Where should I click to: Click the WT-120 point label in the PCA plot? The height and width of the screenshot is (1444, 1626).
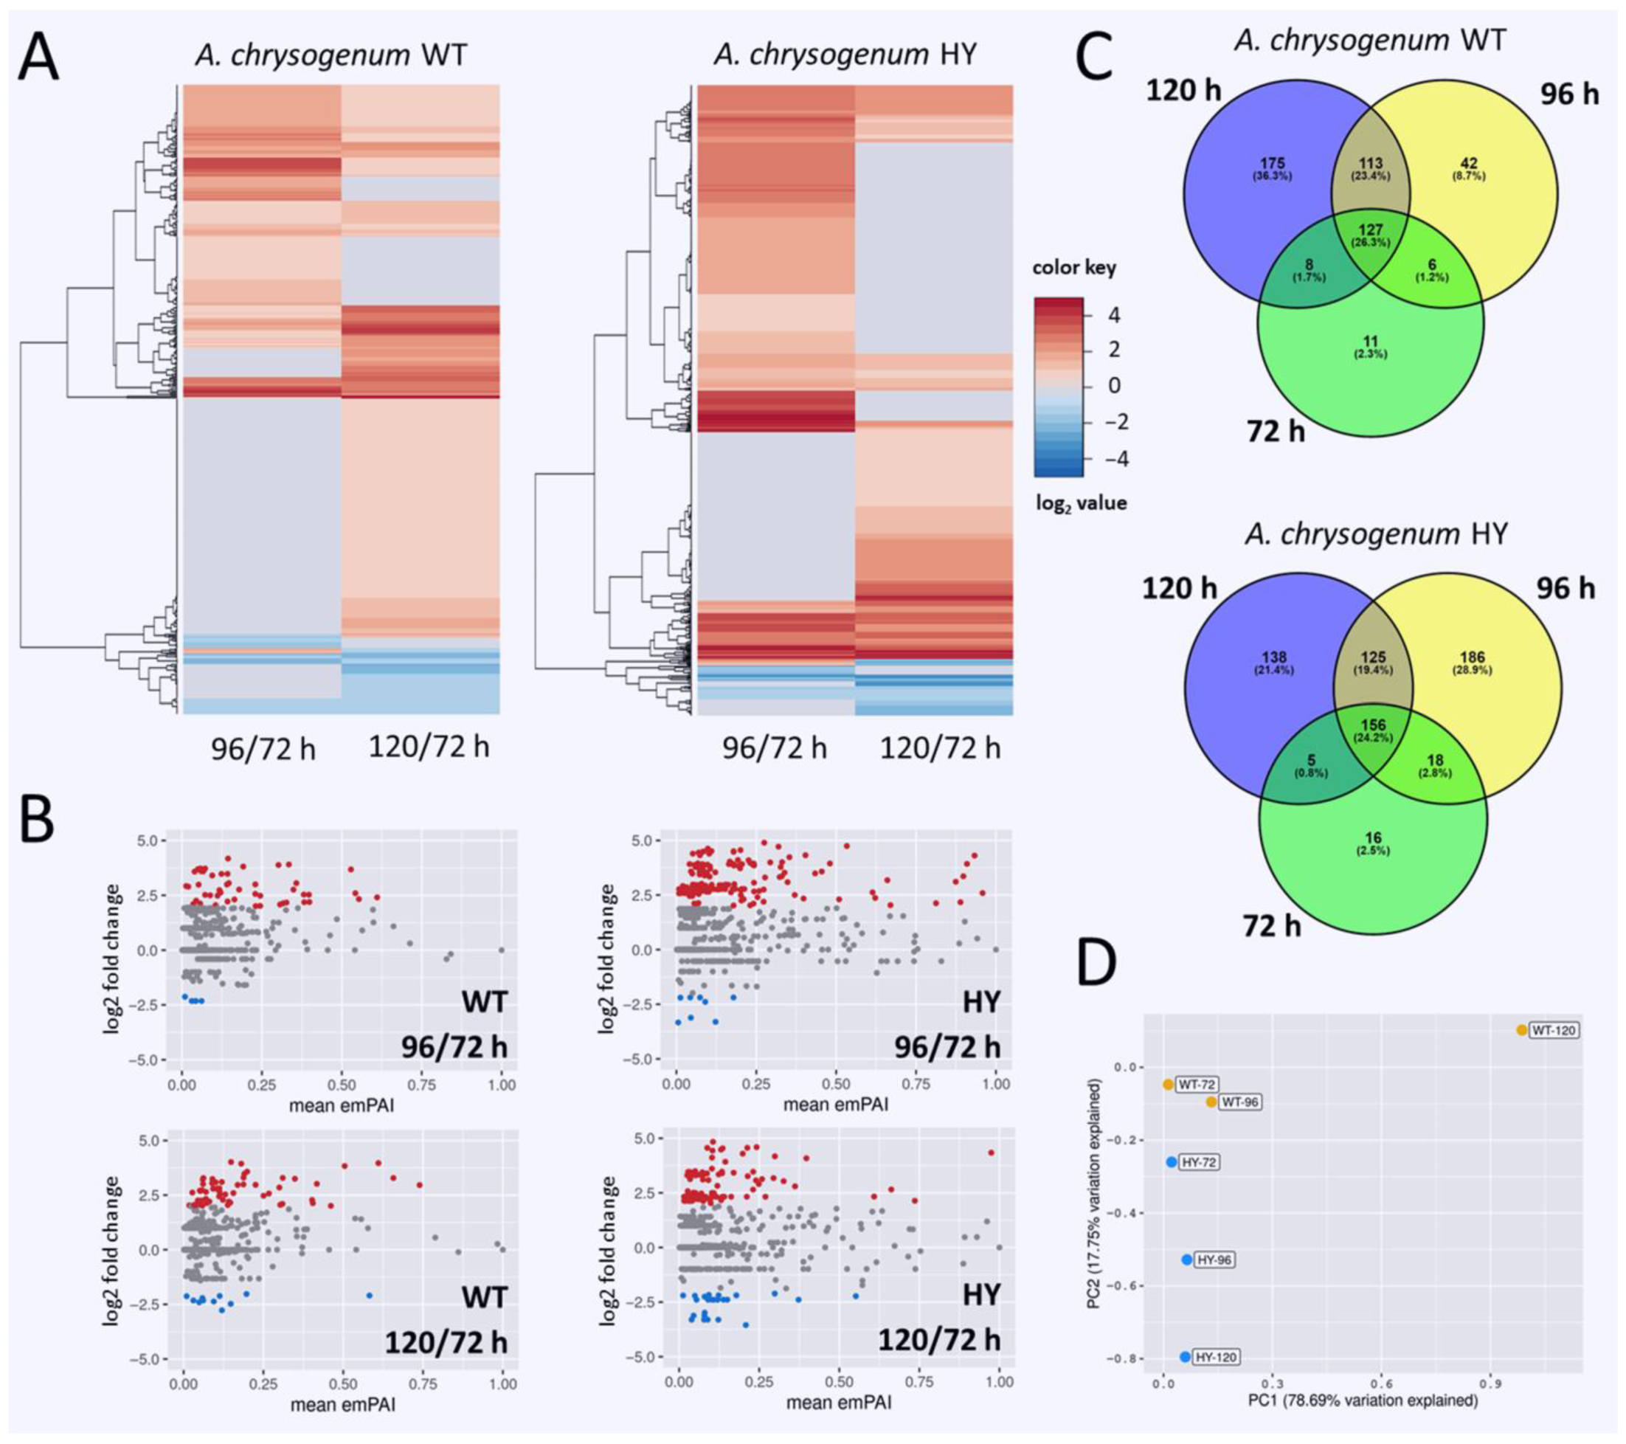click(x=1554, y=1030)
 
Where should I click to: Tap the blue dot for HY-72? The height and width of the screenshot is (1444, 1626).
click(x=1171, y=1162)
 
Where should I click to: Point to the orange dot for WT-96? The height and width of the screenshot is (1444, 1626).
click(x=1211, y=1102)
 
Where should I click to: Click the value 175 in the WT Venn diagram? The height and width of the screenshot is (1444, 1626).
click(x=1272, y=164)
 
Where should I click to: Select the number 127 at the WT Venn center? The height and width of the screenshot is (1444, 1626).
click(x=1371, y=231)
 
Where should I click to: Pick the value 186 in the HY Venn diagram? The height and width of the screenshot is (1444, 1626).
click(x=1472, y=658)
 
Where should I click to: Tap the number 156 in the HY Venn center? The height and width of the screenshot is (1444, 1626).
click(x=1374, y=725)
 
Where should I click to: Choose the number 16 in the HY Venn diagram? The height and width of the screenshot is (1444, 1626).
click(x=1373, y=837)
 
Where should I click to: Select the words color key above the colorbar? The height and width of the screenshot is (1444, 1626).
click(x=1074, y=267)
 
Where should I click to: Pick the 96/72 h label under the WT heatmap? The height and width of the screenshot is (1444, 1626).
click(x=263, y=749)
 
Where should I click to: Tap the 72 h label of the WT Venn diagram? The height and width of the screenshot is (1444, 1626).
click(x=1274, y=430)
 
